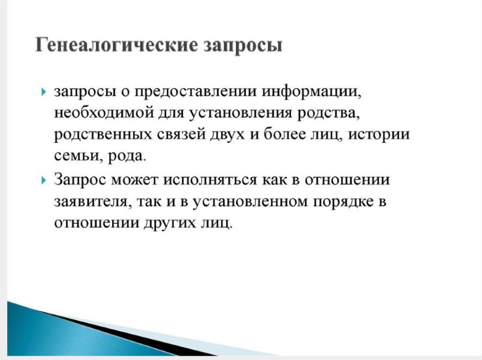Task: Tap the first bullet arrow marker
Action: pyautogui.click(x=43, y=92)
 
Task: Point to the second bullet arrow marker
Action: pyautogui.click(x=43, y=180)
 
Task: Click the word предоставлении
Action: pyautogui.click(x=195, y=92)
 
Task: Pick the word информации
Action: pyautogui.click(x=311, y=92)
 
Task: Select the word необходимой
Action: pyautogui.click(x=104, y=113)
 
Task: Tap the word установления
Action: pyautogui.click(x=240, y=113)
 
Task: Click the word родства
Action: pyautogui.click(x=328, y=113)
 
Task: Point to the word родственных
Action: pyautogui.click(x=103, y=135)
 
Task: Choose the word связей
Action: pyautogui.click(x=181, y=134)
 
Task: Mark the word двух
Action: pyautogui.click(x=228, y=135)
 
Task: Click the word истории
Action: pyautogui.click(x=379, y=135)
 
